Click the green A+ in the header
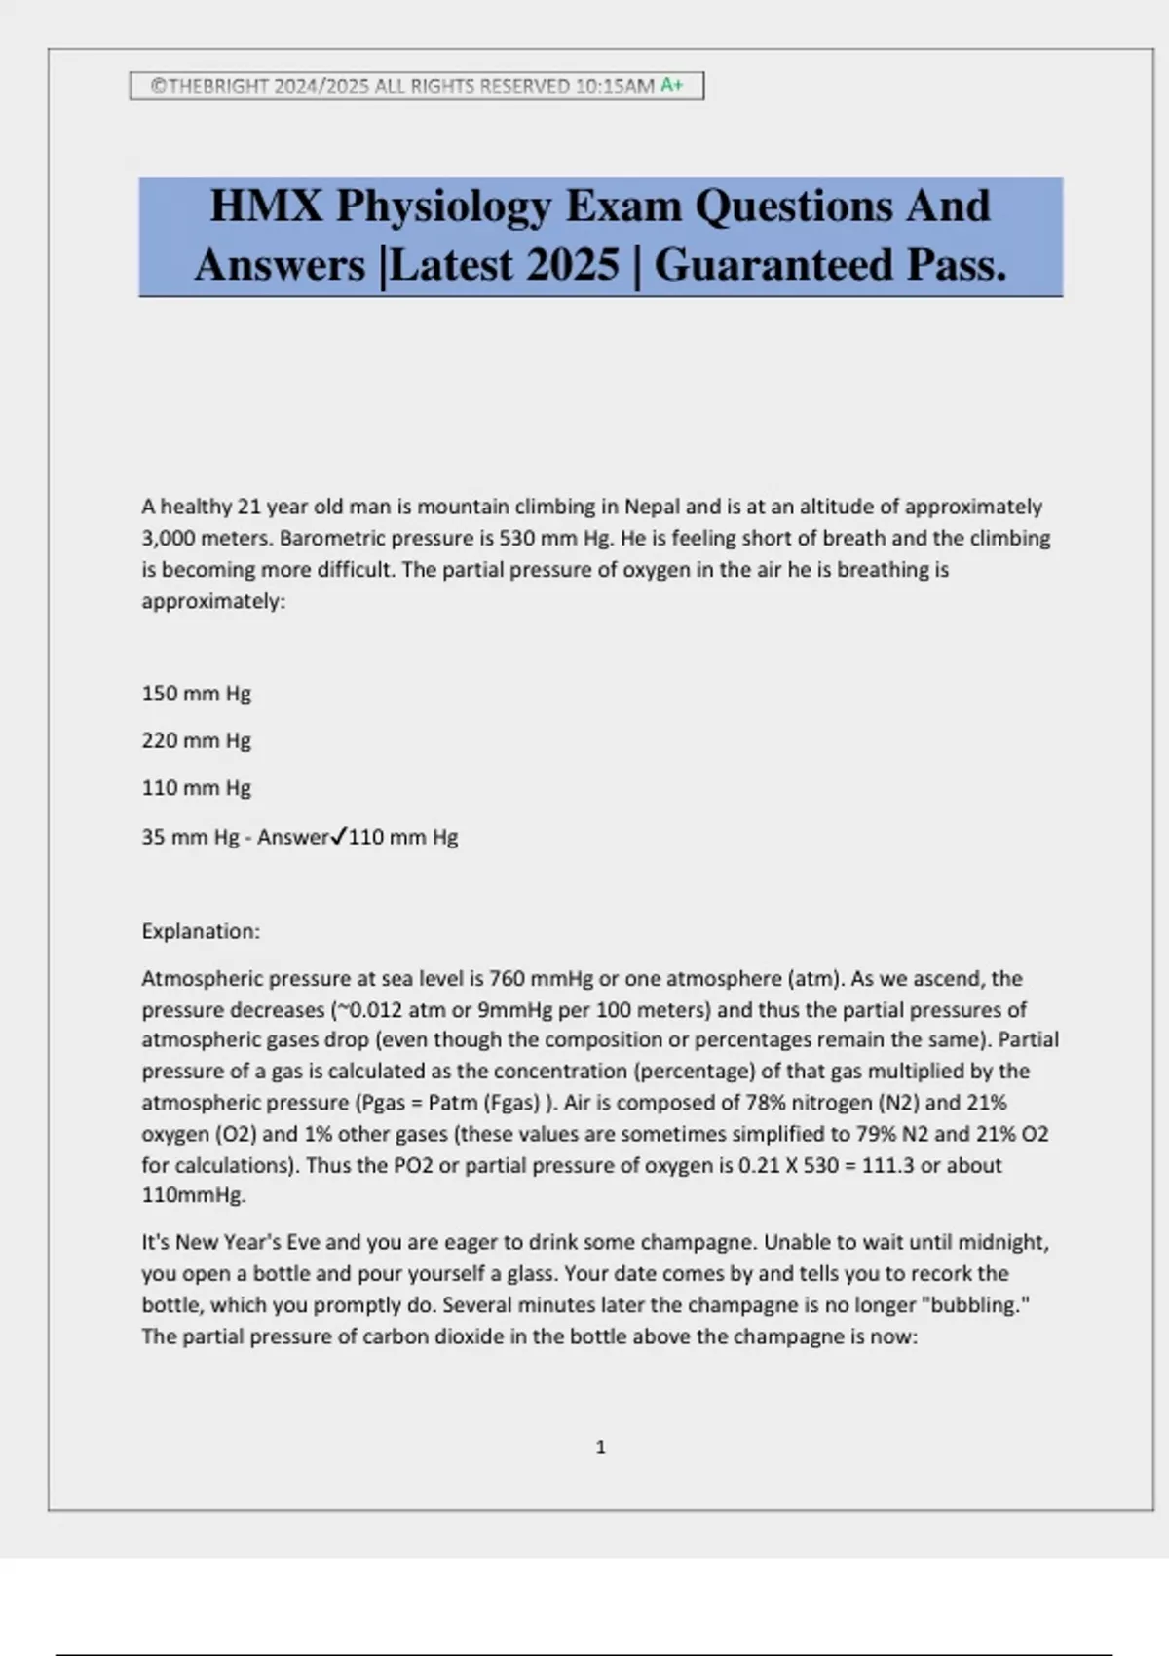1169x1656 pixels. (672, 86)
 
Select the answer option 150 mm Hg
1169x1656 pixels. (196, 694)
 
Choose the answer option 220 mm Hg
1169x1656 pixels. (196, 740)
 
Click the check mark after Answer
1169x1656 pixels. (339, 836)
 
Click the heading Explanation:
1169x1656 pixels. (201, 931)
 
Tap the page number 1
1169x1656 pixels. (600, 1448)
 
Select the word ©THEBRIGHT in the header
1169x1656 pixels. (209, 86)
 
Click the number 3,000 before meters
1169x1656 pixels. (168, 538)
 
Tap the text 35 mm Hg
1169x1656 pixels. (190, 837)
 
